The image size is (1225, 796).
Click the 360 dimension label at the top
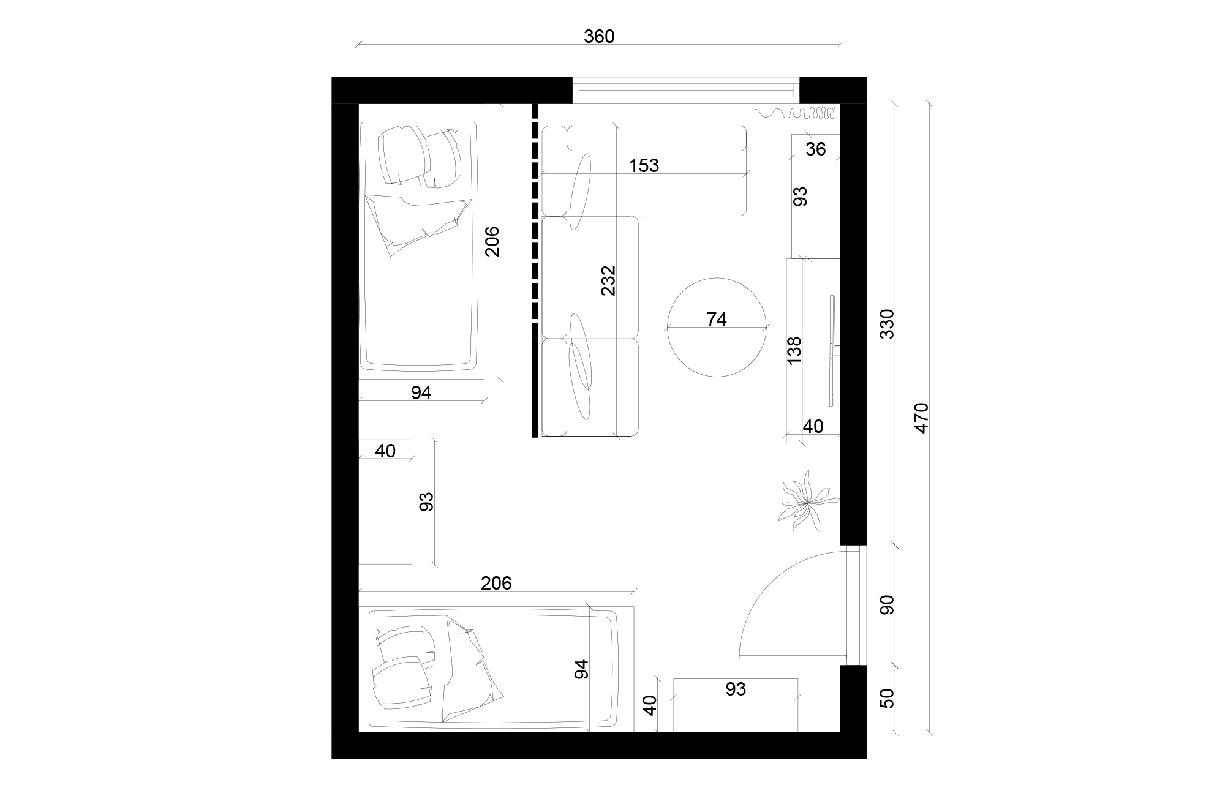pos(598,37)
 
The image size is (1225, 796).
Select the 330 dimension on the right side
pos(887,324)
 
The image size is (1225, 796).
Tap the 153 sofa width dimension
pos(644,165)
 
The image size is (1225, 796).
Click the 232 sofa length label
pos(608,280)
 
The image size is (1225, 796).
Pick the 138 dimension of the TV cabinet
pos(794,350)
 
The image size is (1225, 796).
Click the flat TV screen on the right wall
pos(832,350)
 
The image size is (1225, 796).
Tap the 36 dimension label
pos(816,149)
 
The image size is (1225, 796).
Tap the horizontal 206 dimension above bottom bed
pos(496,583)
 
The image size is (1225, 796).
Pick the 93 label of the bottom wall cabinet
pos(735,689)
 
